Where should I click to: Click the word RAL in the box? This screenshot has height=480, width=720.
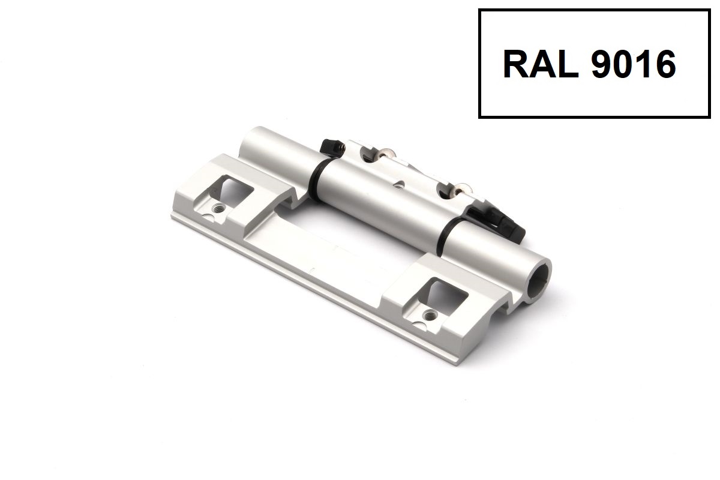[541, 64]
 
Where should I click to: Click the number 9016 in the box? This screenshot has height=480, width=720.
[634, 64]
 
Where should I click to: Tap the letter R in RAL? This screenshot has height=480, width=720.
[515, 64]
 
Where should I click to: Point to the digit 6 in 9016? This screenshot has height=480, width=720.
[665, 64]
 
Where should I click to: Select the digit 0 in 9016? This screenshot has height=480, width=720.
[623, 64]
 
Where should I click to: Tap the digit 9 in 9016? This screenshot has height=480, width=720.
[602, 64]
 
